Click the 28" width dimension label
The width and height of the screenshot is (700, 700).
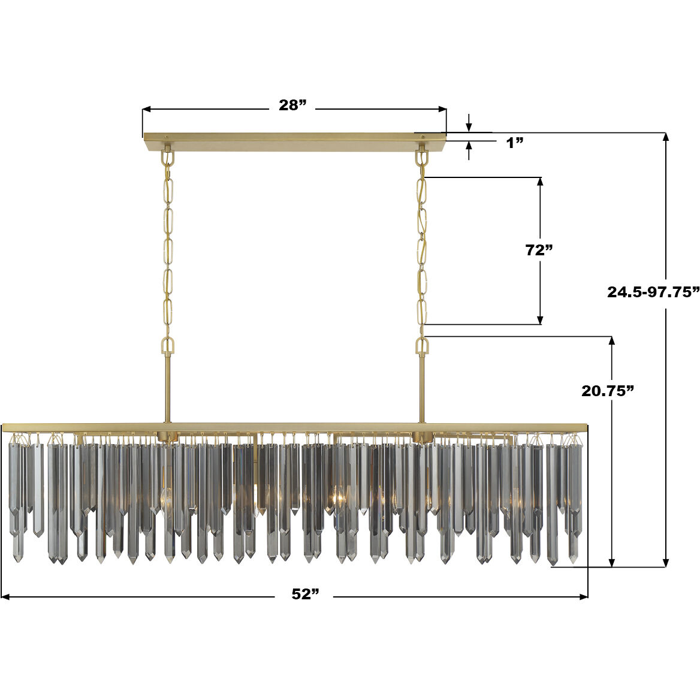[x=292, y=105]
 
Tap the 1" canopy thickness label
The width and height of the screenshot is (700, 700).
[x=515, y=143]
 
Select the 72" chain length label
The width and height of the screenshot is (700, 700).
[x=538, y=250]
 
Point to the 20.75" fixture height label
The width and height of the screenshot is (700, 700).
[x=608, y=391]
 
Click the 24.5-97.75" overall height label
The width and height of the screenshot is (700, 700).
[x=653, y=292]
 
